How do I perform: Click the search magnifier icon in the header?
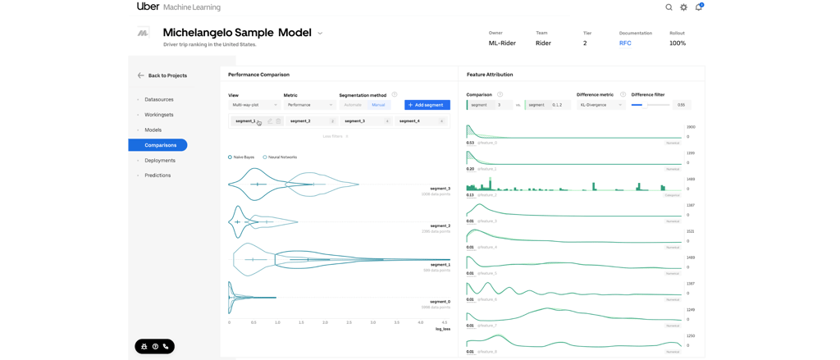[669, 7]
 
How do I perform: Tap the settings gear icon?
[684, 7]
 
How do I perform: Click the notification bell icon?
[699, 7]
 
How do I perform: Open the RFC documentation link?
[625, 43]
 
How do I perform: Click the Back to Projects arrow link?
[162, 75]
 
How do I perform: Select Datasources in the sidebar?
[158, 99]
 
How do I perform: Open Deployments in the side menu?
[159, 161]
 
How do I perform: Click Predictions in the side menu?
[157, 175]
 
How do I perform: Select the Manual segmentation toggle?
[378, 105]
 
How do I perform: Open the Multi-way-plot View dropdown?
[254, 105]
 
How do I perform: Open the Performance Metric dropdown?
[309, 105]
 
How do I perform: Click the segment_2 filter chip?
[311, 121]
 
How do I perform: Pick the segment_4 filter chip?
[421, 121]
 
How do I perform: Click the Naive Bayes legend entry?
[243, 157]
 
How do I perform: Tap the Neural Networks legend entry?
[281, 157]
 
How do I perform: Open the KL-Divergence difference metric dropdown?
[601, 105]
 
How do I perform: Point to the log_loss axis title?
[442, 329]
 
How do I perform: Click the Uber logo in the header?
[148, 7]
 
